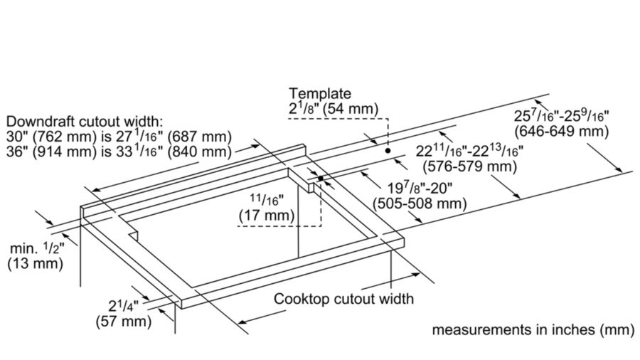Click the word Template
coord(320,93)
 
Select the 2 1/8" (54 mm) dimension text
coord(334,109)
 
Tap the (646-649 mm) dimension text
coord(560,132)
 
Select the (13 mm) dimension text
coord(35,264)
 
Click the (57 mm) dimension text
coord(123,322)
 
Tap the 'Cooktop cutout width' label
coord(343,299)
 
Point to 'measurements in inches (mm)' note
coord(533,331)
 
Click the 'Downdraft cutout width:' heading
coord(84,120)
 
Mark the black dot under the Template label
coord(388,151)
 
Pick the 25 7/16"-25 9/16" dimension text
coord(562,115)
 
